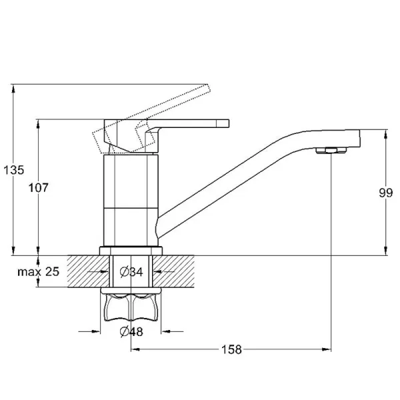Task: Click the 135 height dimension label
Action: click(x=14, y=170)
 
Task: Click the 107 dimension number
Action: click(x=38, y=188)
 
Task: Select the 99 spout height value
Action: click(x=385, y=193)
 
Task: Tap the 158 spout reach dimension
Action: click(x=231, y=349)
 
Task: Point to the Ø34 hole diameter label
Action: click(x=131, y=272)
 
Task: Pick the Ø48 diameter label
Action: click(x=131, y=331)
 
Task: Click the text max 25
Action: click(x=38, y=272)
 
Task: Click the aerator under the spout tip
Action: click(x=331, y=151)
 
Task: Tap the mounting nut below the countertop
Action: click(x=131, y=305)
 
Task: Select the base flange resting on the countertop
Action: click(x=131, y=251)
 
